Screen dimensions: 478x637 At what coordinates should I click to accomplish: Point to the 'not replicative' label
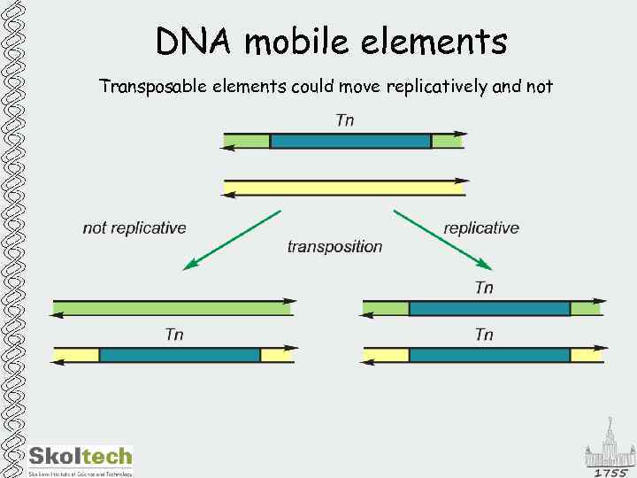click(134, 228)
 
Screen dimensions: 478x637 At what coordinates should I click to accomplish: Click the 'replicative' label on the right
click(481, 228)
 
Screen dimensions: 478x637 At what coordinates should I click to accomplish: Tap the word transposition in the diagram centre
click(334, 247)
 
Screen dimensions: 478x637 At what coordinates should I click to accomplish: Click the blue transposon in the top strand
click(350, 141)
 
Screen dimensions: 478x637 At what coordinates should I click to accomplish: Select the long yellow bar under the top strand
click(345, 187)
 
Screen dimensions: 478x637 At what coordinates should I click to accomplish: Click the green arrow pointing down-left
click(232, 239)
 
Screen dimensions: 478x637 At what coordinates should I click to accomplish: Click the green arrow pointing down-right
click(442, 239)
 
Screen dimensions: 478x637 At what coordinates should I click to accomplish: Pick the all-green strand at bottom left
click(173, 308)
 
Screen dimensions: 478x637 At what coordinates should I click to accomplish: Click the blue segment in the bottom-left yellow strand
click(180, 355)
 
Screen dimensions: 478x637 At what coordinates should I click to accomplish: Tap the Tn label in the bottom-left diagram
click(174, 335)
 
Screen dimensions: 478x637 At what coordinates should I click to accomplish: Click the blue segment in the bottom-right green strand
click(489, 308)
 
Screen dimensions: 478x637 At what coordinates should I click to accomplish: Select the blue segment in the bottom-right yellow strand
click(489, 355)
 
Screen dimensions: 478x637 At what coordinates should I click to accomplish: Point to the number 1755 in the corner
click(610, 472)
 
